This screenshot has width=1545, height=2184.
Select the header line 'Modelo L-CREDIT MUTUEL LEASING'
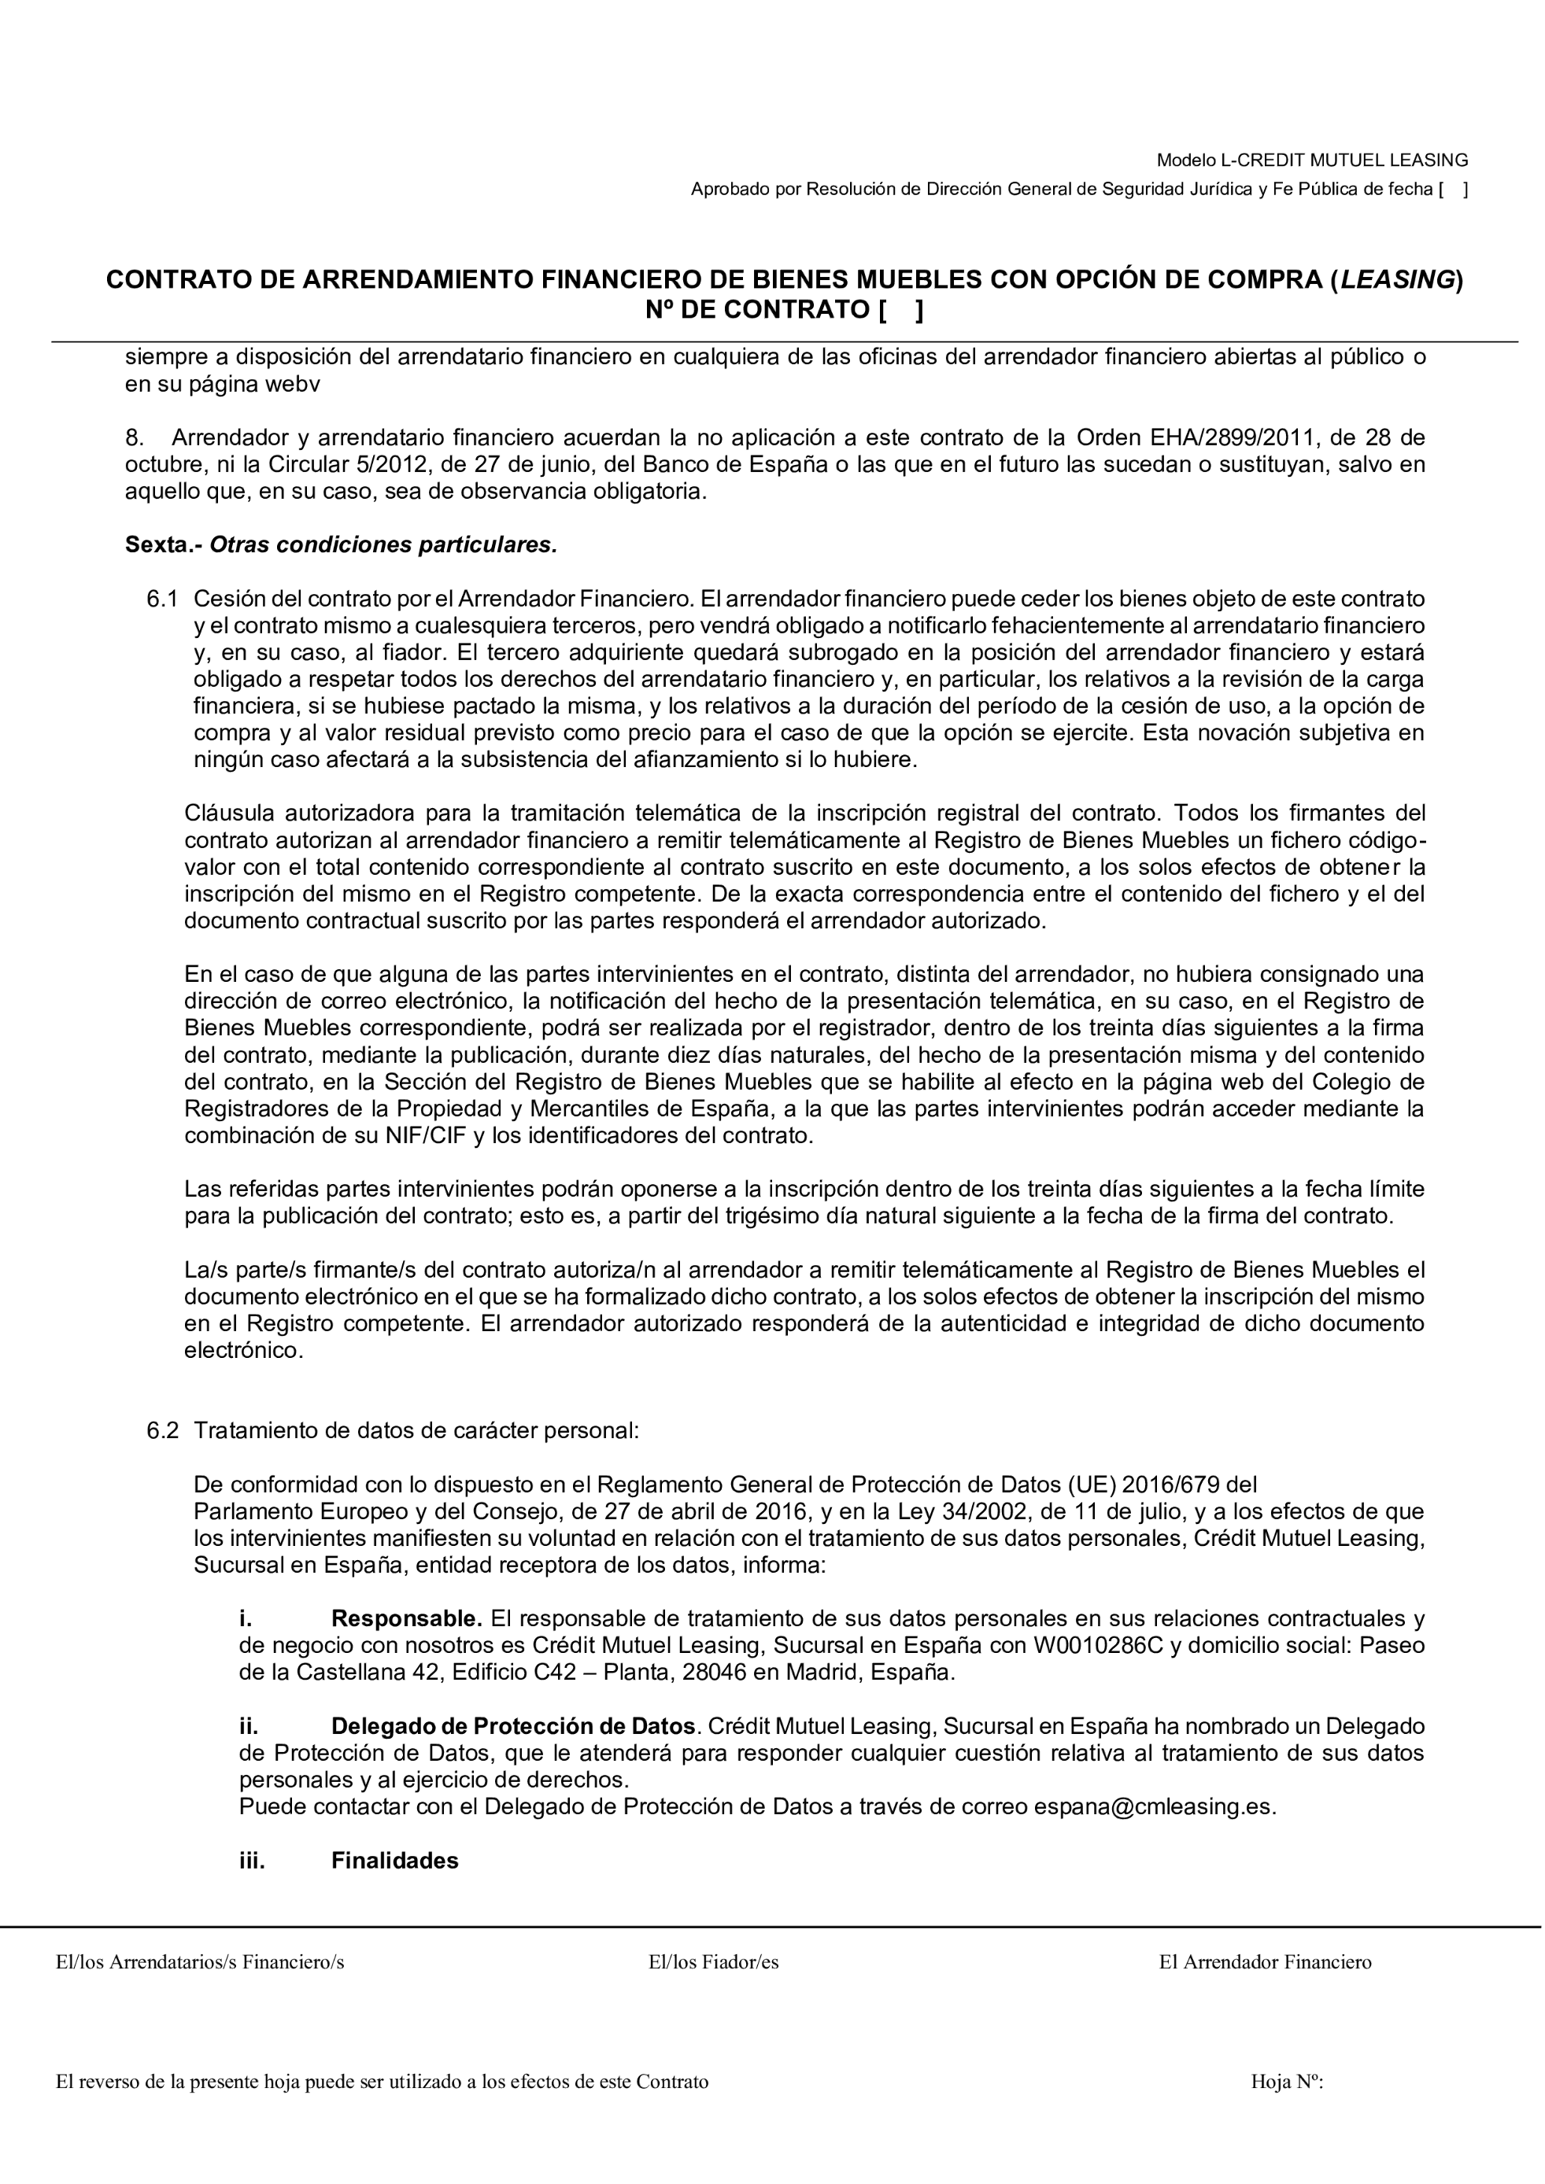coord(1312,160)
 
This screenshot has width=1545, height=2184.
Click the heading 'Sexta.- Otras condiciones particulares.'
coord(341,545)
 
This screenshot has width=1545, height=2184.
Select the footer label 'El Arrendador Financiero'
coord(1266,1961)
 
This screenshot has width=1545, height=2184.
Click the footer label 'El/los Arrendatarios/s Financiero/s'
coord(200,1961)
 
